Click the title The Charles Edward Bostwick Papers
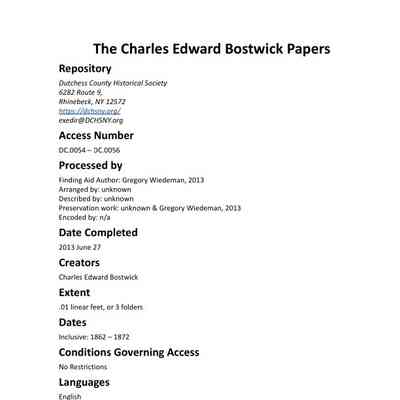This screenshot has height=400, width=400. point(211,48)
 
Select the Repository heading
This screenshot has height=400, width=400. point(93,69)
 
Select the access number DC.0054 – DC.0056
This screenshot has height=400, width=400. point(90,150)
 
